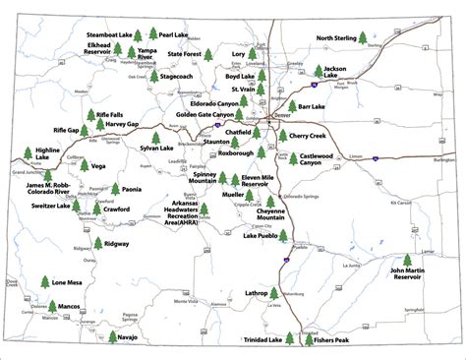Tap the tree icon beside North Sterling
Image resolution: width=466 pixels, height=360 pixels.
(x=363, y=39)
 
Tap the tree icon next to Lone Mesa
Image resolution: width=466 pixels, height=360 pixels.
(x=45, y=282)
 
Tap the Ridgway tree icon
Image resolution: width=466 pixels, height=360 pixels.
(x=96, y=244)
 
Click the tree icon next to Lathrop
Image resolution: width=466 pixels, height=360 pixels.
(x=274, y=292)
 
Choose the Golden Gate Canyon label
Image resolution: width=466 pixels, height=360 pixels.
(x=204, y=114)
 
